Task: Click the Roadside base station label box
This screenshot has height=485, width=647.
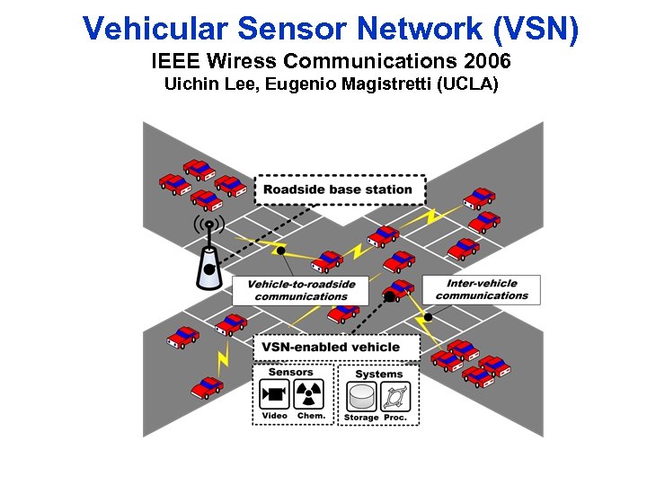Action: click(x=339, y=190)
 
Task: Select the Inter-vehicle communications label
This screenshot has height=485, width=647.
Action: click(x=482, y=289)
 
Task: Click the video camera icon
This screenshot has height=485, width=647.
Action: click(x=274, y=393)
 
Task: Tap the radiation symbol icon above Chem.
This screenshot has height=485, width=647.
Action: click(x=310, y=393)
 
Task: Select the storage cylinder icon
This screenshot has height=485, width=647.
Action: click(x=361, y=396)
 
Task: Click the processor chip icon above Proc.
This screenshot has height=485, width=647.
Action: click(x=395, y=396)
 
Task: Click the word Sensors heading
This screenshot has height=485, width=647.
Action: click(x=291, y=372)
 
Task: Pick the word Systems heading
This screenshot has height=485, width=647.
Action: click(x=378, y=374)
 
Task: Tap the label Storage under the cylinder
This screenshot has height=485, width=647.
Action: click(x=361, y=417)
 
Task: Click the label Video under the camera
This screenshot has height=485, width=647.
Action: click(x=274, y=416)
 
